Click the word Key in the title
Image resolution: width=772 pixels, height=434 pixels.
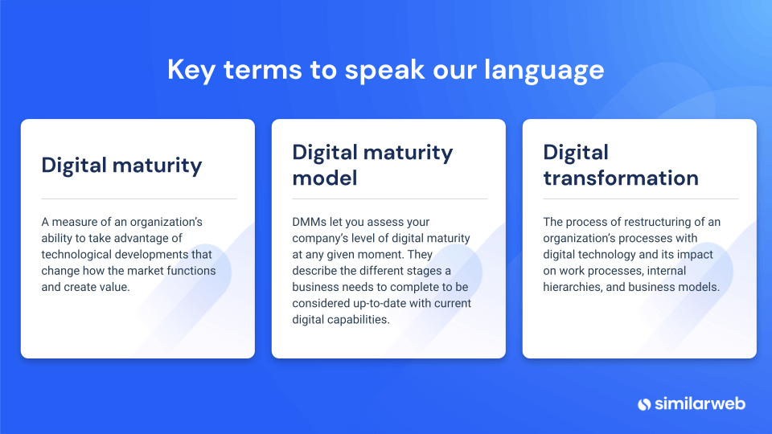[191, 70]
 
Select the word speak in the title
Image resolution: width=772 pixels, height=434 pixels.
[384, 70]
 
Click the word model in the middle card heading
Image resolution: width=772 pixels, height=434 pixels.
[324, 178]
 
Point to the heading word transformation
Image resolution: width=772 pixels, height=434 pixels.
[621, 178]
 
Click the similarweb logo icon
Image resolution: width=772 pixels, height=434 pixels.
[644, 404]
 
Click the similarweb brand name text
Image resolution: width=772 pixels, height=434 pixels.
[700, 404]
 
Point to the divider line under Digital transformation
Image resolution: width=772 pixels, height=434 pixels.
[641, 199]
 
